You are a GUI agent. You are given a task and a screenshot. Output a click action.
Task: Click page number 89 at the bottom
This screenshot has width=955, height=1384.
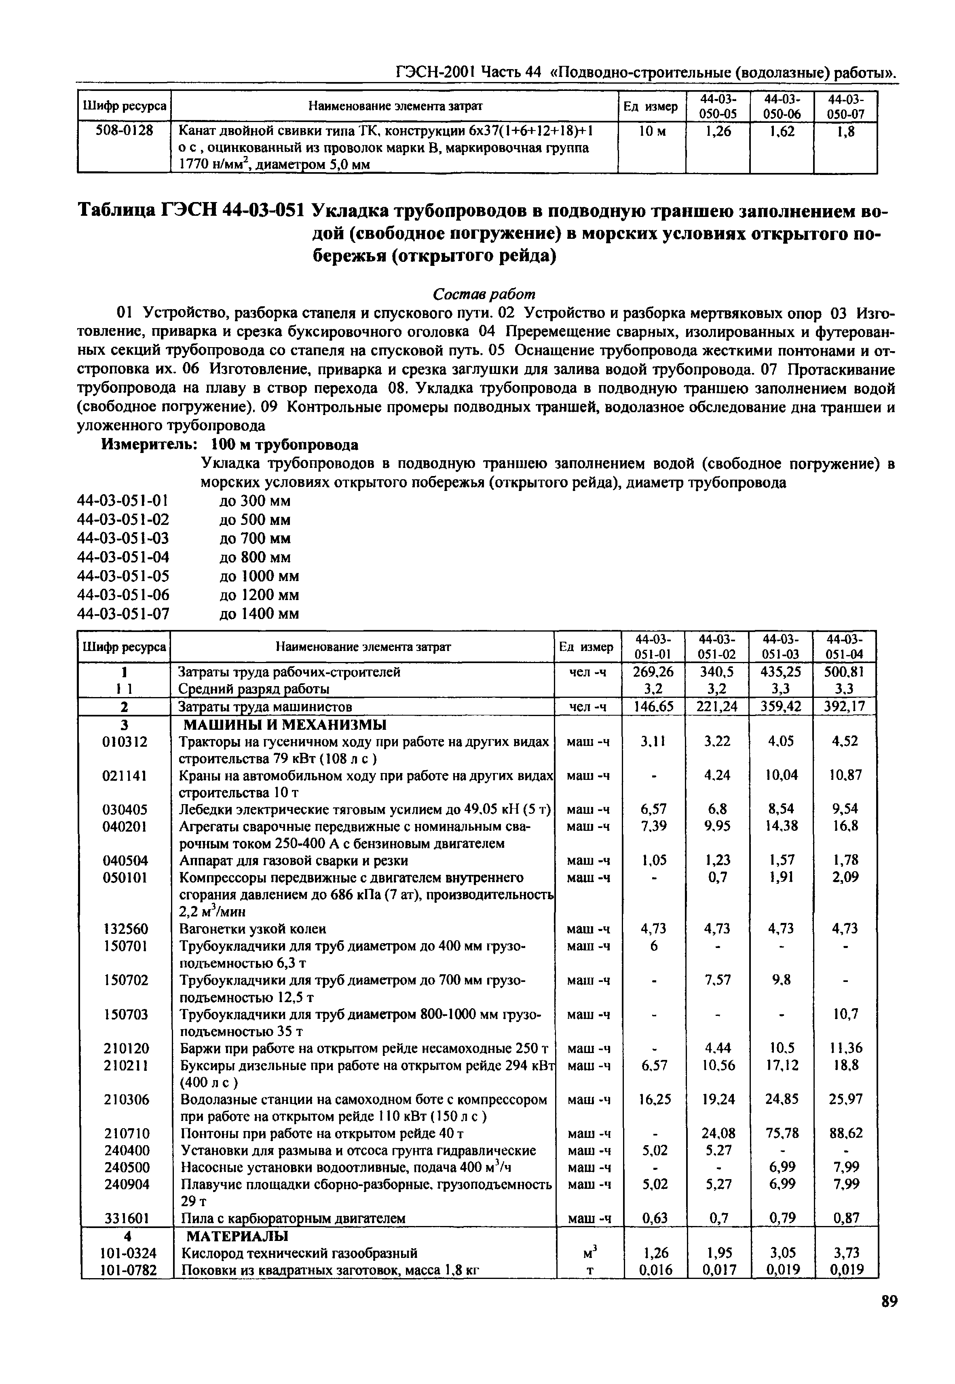pos(889,1318)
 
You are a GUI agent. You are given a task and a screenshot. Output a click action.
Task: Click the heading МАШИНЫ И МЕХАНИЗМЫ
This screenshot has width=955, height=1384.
pos(284,725)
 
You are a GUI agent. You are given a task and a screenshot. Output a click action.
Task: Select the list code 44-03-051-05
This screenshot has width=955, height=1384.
pos(123,576)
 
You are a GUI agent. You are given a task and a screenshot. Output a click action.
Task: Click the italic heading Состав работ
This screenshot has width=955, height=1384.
pos(484,294)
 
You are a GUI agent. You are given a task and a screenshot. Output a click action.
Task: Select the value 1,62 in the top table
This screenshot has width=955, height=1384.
pos(782,131)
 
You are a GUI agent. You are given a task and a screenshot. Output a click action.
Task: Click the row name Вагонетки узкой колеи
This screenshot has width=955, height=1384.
pos(253,929)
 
